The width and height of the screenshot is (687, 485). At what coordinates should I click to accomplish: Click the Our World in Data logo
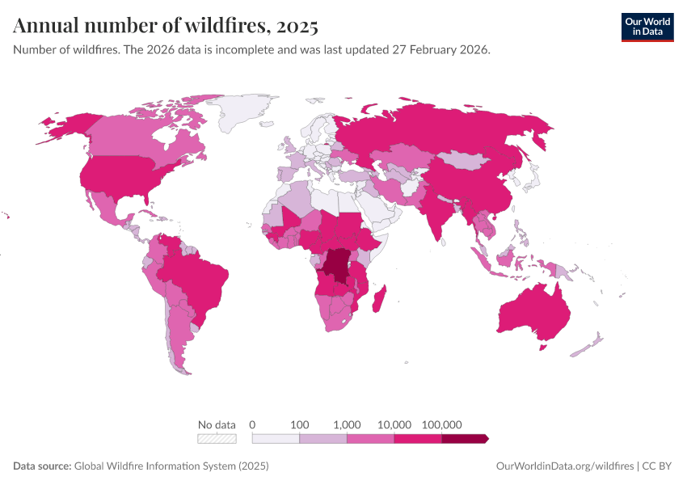(647, 27)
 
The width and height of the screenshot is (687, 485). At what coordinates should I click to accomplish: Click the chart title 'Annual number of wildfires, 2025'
(166, 26)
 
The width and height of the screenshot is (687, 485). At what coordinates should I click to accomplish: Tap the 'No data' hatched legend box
(217, 439)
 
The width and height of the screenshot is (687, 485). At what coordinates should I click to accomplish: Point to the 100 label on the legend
(300, 424)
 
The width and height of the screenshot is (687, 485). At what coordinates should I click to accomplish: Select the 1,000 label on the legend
(347, 424)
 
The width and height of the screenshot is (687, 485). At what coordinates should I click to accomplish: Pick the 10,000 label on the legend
(394, 424)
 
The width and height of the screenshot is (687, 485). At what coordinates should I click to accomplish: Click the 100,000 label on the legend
(441, 424)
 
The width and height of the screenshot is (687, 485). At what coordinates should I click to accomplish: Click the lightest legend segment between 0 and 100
(276, 439)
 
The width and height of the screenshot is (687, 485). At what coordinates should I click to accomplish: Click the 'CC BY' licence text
(658, 466)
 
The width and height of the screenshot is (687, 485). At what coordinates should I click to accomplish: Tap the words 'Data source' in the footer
(41, 466)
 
